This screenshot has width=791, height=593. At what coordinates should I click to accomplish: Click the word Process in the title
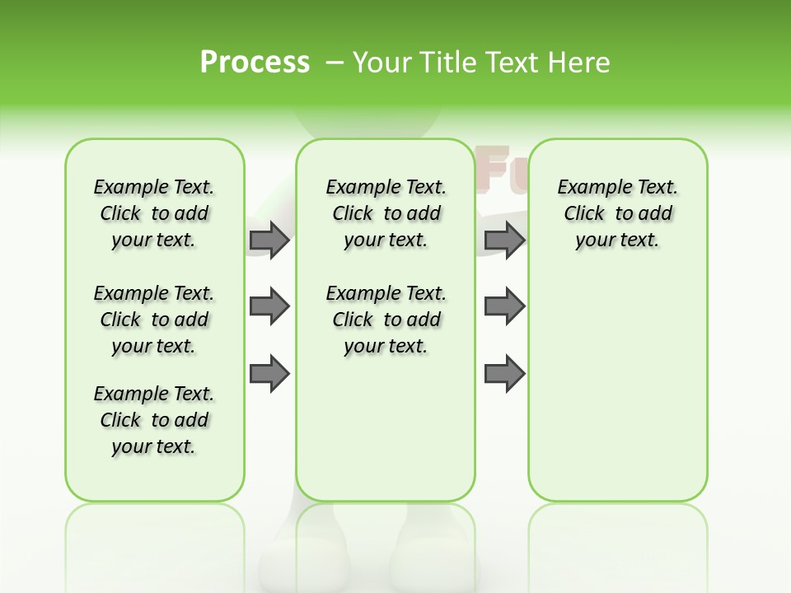click(x=255, y=63)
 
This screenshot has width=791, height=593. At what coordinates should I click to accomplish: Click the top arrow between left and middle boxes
click(x=269, y=240)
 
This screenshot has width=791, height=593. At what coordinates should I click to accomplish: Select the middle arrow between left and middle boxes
click(x=269, y=306)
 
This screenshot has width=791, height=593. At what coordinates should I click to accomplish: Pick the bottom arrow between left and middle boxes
click(x=269, y=373)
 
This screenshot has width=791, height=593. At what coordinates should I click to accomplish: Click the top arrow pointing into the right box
click(x=504, y=240)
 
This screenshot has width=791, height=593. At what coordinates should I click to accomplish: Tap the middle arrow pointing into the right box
click(x=504, y=306)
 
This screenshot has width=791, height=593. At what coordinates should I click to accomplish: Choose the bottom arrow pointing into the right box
click(x=504, y=373)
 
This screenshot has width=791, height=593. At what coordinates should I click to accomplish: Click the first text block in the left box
click(x=154, y=213)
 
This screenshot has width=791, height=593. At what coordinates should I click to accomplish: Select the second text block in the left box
click(x=154, y=320)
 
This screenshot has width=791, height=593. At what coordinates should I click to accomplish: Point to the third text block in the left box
click(x=154, y=420)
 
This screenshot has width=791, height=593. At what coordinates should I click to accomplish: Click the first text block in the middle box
click(x=386, y=213)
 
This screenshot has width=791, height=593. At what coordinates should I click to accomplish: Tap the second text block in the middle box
click(x=386, y=320)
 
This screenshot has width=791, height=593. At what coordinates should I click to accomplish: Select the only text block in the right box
click(x=617, y=213)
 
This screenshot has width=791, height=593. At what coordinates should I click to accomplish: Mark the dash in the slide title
click(x=335, y=63)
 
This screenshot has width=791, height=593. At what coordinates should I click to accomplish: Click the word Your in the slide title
click(x=382, y=63)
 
